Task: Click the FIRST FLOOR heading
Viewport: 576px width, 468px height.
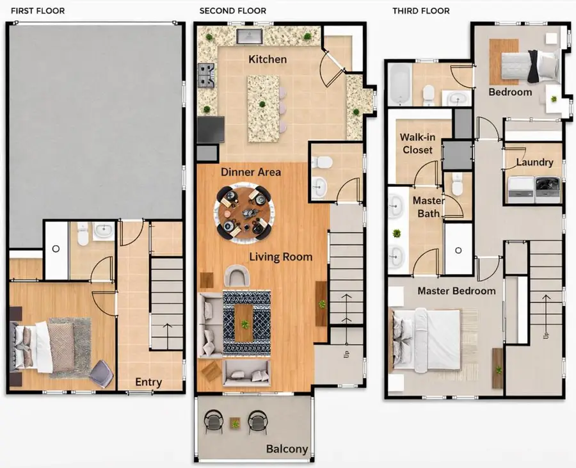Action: (38, 11)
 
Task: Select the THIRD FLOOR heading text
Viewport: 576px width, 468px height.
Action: (421, 11)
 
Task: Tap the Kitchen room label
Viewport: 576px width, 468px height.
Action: (268, 60)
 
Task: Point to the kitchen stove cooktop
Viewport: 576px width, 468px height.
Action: (207, 75)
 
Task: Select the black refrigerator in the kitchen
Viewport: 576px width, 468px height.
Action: (210, 130)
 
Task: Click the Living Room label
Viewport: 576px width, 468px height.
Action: (280, 257)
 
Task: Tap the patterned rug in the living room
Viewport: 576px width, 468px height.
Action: (246, 323)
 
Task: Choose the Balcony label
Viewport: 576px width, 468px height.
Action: (287, 449)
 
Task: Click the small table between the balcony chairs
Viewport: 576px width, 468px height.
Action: (236, 423)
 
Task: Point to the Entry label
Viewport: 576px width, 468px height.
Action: (148, 382)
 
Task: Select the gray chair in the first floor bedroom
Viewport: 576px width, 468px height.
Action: (100, 373)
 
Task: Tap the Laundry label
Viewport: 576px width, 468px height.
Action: (534, 163)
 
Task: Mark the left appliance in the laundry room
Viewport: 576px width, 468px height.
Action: (518, 186)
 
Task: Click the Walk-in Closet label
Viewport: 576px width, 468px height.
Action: (416, 143)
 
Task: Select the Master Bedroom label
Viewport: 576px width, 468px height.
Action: (456, 291)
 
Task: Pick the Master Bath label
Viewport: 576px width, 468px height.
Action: (428, 206)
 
